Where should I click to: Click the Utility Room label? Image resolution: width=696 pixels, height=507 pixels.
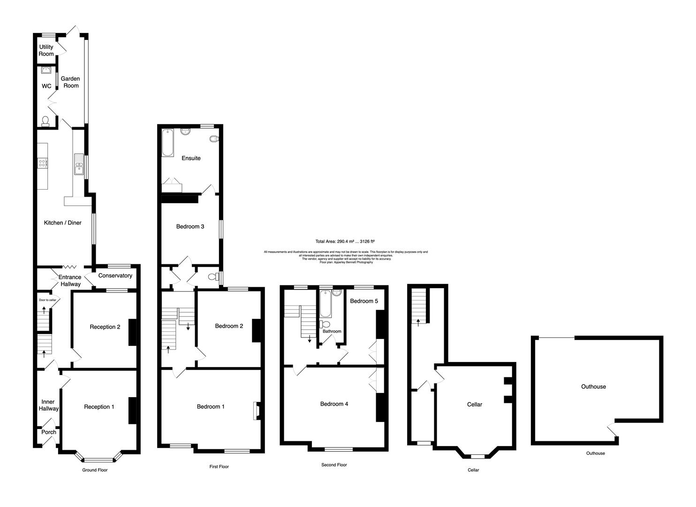(46, 50)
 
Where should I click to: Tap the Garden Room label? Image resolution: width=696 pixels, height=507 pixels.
(70, 82)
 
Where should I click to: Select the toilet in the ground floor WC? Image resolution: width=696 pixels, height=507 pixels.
(45, 122)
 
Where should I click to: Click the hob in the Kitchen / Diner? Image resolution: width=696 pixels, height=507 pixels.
(42, 163)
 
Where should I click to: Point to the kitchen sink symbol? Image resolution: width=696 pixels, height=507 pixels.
(78, 164)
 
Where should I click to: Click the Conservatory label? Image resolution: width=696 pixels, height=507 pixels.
(115, 276)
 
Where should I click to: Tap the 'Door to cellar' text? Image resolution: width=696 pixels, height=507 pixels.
(47, 300)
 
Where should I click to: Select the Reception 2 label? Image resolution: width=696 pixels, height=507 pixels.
(105, 327)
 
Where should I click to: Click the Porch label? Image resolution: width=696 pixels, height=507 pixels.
(49, 432)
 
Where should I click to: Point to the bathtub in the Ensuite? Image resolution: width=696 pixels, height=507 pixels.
(167, 143)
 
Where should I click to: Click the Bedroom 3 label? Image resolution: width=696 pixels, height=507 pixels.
(190, 226)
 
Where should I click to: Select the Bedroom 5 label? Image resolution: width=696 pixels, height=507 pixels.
(363, 301)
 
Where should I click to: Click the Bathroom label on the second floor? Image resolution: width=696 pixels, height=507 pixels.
(332, 331)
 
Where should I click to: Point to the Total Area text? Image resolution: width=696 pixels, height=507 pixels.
(345, 241)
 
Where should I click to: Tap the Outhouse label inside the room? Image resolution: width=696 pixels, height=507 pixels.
(593, 386)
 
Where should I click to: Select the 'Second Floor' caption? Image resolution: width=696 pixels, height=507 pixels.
(334, 465)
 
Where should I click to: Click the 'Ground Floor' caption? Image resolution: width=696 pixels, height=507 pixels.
(95, 469)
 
